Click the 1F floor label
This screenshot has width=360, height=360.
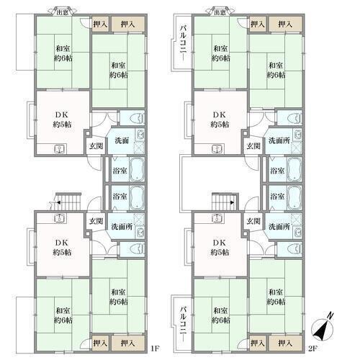coord(155,348)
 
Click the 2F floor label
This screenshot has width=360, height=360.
coord(312,348)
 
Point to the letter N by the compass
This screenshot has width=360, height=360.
coord(330,316)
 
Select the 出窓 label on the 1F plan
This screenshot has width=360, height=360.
coord(63,12)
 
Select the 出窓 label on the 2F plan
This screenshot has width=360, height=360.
coord(220,12)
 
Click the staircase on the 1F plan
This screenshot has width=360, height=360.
coord(68,202)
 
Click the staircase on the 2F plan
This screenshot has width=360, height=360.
coord(225,202)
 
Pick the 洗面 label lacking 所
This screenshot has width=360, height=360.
coord(122,140)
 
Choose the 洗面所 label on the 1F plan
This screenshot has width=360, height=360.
coord(122,226)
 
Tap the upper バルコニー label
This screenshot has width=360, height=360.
coord(183,43)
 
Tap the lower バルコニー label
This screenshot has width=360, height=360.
coord(183,323)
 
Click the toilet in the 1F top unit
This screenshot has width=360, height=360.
coord(137,118)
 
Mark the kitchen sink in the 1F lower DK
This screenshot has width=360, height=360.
coord(59,218)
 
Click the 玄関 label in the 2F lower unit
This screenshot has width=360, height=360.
coord(253,221)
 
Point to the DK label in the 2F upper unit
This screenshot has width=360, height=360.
coord(220,115)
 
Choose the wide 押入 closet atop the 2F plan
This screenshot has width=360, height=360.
coord(285,24)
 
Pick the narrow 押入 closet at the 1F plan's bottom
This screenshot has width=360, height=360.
coord(100,343)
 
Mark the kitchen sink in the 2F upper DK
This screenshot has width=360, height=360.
coord(217,149)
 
